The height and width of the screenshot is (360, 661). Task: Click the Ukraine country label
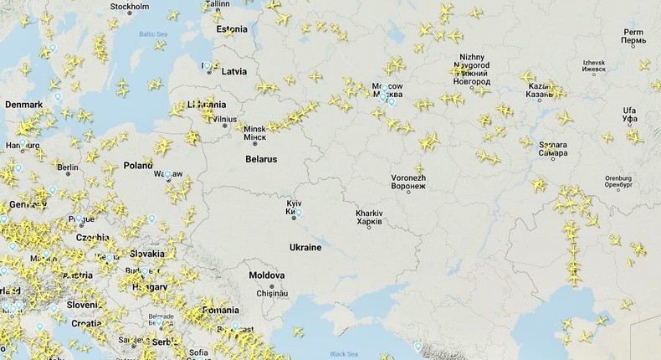(x=305, y=247)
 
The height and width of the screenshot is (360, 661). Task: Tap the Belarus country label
(x=261, y=158)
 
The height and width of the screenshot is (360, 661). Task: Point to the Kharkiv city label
(x=369, y=218)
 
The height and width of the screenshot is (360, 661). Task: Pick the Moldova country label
(x=266, y=275)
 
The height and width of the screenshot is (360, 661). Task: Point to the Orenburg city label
(x=617, y=177)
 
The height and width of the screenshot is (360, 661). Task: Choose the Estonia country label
(x=232, y=29)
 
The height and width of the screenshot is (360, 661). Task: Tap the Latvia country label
(x=233, y=71)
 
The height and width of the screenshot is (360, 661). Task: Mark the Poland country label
(x=138, y=166)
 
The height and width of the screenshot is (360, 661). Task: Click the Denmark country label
(x=23, y=105)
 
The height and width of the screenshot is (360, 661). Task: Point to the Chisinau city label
(x=272, y=293)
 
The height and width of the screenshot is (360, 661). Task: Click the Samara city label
(x=553, y=149)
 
